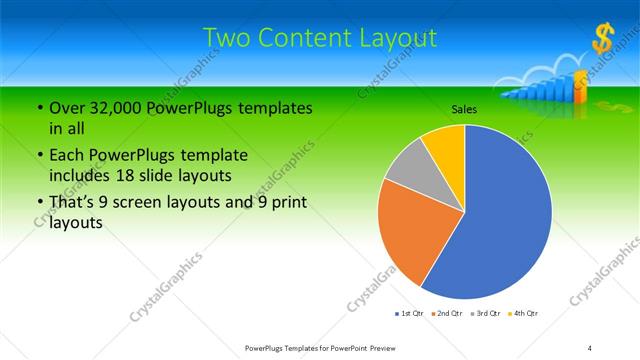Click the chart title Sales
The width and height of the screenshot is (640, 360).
[464, 108]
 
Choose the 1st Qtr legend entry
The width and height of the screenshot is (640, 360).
[408, 313]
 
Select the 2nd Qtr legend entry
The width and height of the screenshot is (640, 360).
[445, 313]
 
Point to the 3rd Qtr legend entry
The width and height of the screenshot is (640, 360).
[484, 313]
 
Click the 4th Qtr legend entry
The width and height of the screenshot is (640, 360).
[522, 313]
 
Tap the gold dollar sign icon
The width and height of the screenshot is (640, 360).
[602, 40]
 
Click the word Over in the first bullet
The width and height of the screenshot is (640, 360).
[68, 107]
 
